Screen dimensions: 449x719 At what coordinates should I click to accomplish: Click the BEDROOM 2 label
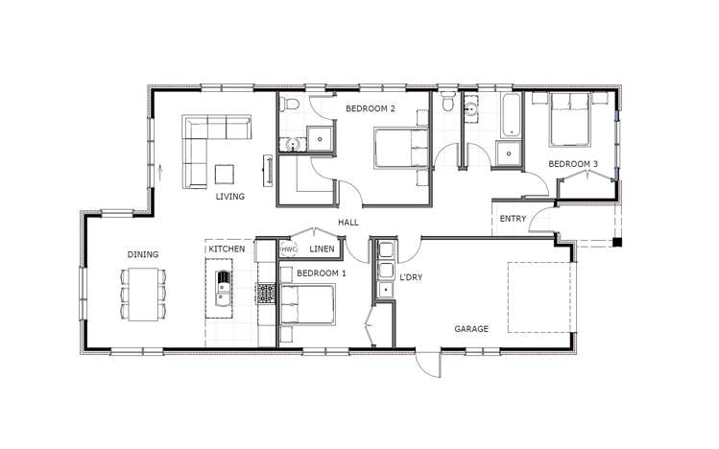click(x=370, y=109)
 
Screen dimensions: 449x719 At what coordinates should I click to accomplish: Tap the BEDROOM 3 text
click(x=573, y=164)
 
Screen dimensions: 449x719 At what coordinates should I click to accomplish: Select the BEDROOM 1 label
click(x=322, y=273)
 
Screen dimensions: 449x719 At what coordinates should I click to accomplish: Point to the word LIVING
click(x=230, y=197)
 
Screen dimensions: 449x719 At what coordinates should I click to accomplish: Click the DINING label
click(x=143, y=254)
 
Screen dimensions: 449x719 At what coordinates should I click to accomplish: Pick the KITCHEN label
click(x=227, y=249)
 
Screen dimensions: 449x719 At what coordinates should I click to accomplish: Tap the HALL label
click(x=348, y=224)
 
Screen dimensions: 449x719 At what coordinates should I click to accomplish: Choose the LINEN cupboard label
click(x=322, y=249)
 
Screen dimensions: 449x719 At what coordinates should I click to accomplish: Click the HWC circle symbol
click(x=288, y=249)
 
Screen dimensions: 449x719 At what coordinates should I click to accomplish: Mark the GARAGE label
click(x=471, y=329)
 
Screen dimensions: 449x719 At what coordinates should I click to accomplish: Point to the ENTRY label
click(x=513, y=219)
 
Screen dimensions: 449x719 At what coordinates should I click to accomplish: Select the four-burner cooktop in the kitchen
click(x=266, y=295)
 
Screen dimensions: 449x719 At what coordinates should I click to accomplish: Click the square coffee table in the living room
click(x=225, y=174)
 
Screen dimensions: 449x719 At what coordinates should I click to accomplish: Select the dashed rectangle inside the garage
click(x=540, y=296)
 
